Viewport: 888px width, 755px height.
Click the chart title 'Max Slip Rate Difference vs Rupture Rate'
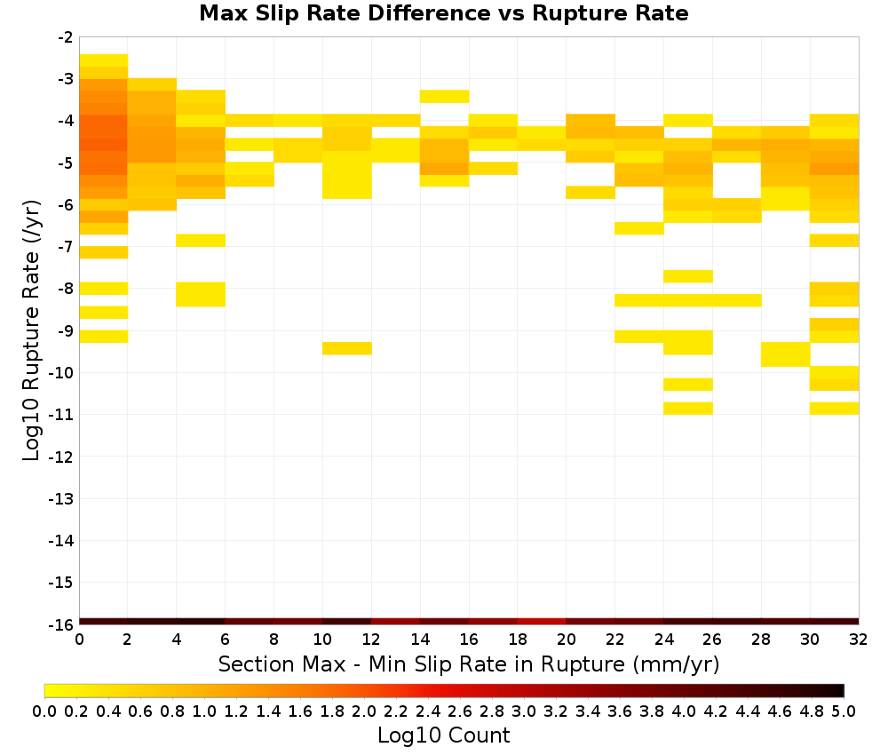[x=443, y=13]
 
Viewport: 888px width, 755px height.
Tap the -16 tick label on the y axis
[x=60, y=624]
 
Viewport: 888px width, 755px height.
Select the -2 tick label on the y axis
[x=66, y=37]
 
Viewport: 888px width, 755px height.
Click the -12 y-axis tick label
[x=60, y=457]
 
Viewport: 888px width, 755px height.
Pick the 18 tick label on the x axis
[x=518, y=640]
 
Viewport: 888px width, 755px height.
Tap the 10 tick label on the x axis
[x=322, y=640]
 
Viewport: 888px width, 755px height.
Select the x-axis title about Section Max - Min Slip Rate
[x=469, y=664]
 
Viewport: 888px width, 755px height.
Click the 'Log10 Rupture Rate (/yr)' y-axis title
[x=32, y=330]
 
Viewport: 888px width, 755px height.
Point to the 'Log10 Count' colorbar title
[x=443, y=735]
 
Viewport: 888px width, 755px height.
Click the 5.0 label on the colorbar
[x=844, y=711]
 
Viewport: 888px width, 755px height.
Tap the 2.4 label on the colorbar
[x=428, y=711]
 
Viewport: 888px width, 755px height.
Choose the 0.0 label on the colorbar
[x=44, y=711]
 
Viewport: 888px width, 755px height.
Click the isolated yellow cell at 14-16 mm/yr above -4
[x=445, y=96]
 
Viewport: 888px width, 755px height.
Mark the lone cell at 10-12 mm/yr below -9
[x=347, y=348]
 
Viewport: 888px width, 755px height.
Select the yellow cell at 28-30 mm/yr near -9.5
[x=786, y=354]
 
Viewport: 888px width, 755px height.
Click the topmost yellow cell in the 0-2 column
[x=104, y=60]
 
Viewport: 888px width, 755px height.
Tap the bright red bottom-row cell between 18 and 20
[x=542, y=622]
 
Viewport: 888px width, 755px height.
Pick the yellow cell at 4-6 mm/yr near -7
[x=201, y=240]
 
